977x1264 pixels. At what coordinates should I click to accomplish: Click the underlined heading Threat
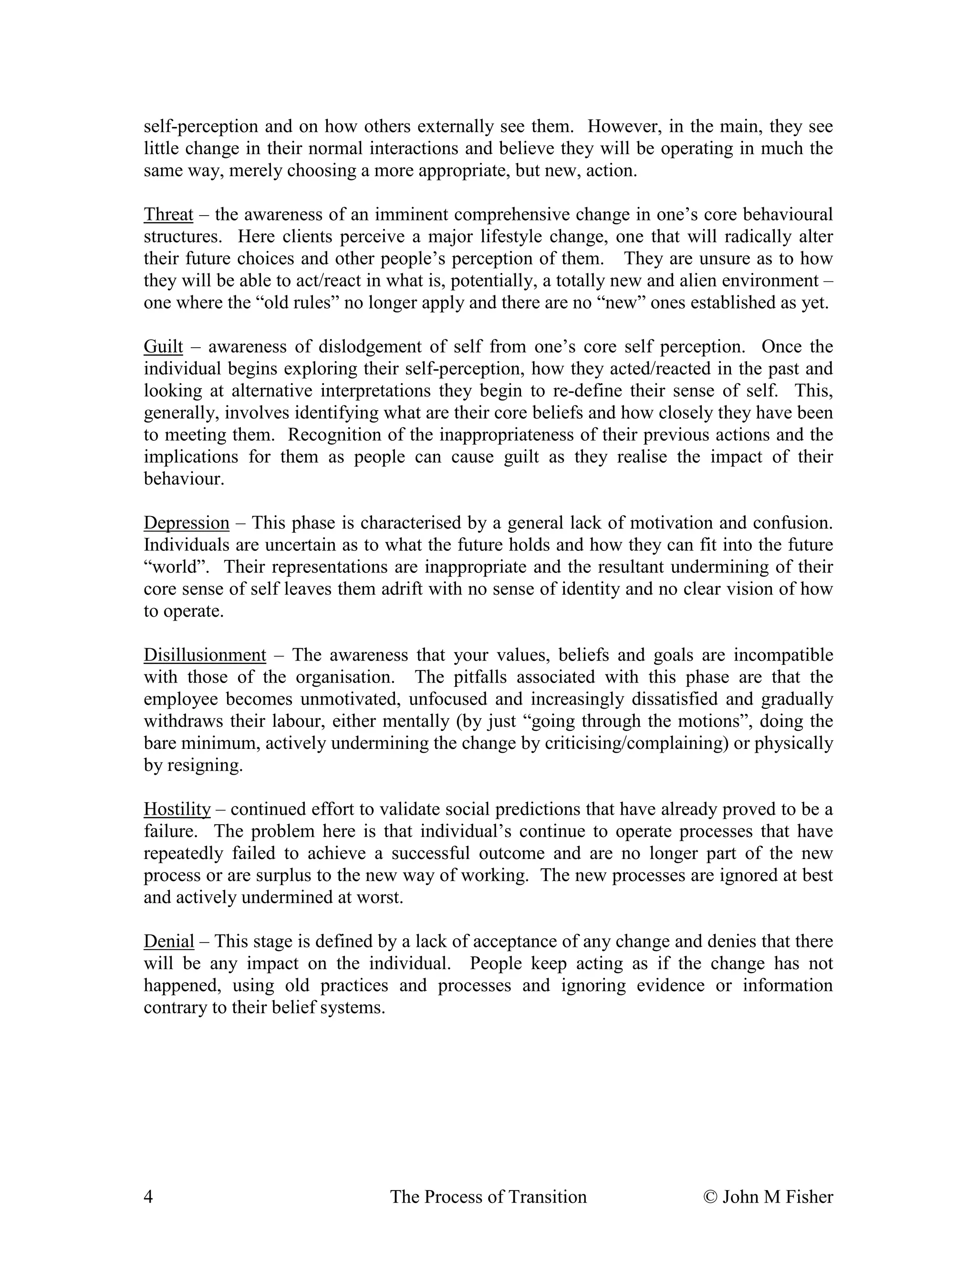click(x=168, y=215)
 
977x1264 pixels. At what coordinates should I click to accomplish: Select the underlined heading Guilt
click(x=163, y=347)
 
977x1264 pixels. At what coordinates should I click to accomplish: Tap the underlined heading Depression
click(x=187, y=523)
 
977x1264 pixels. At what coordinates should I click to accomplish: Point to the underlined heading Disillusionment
click(x=204, y=655)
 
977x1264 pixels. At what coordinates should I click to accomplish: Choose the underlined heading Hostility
click(x=177, y=809)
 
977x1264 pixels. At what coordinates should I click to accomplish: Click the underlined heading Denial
click(x=168, y=941)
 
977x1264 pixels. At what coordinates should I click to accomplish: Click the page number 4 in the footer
click(x=148, y=1196)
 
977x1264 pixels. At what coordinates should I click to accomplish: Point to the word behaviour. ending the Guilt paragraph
click(x=184, y=479)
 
